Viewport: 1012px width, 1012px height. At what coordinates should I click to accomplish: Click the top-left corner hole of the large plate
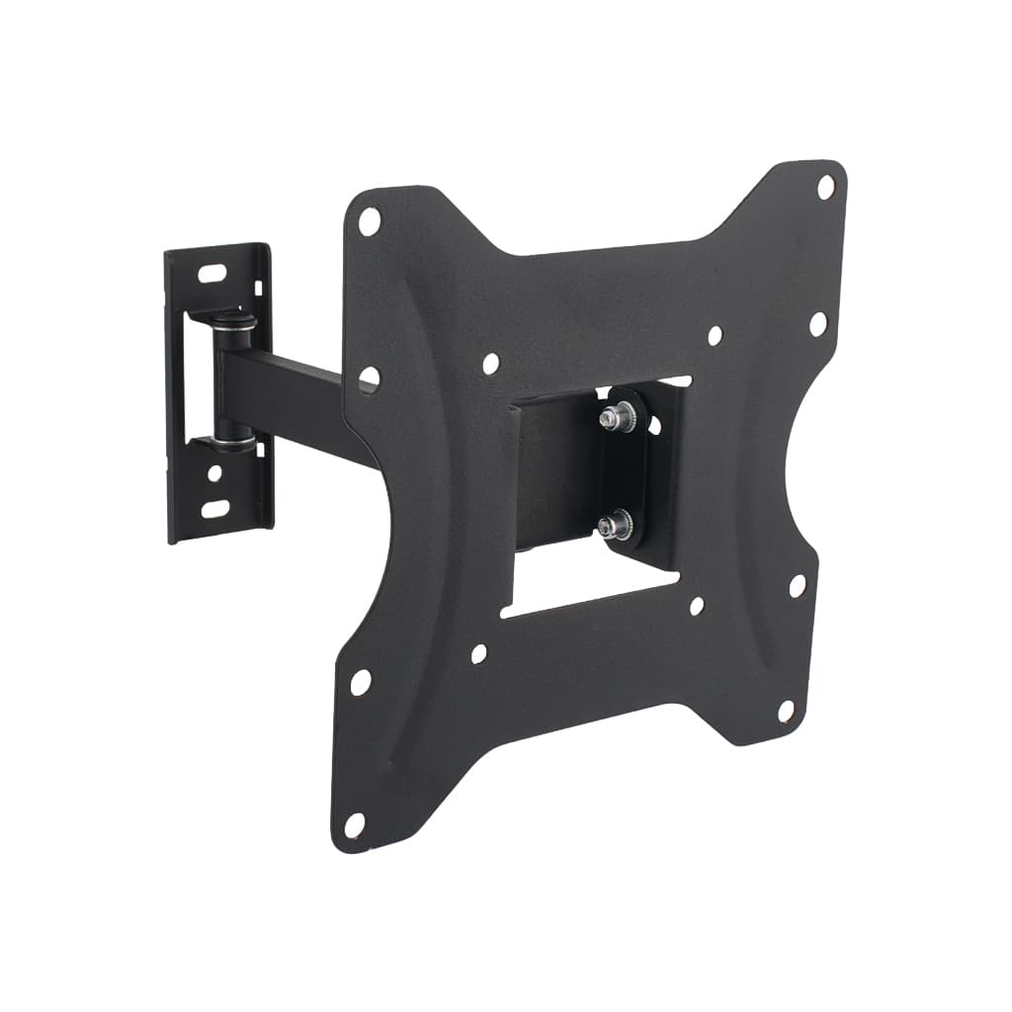[x=369, y=220]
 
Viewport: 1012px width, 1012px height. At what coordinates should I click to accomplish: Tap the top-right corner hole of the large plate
[x=825, y=186]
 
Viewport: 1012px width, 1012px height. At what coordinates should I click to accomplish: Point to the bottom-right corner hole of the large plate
[x=787, y=711]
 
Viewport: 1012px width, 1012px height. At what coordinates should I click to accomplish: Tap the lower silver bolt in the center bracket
[x=609, y=521]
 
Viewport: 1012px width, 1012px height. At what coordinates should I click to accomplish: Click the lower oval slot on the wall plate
[x=215, y=510]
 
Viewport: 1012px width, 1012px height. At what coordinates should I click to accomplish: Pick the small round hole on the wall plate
[x=214, y=473]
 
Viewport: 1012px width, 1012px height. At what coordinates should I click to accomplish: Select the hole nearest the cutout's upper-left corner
[x=491, y=364]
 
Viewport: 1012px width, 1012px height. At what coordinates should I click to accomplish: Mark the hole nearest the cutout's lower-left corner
[x=479, y=653]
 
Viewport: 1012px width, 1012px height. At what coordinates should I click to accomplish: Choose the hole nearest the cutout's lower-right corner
[x=697, y=606]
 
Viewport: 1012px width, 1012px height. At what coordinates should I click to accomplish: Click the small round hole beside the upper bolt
[x=653, y=425]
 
